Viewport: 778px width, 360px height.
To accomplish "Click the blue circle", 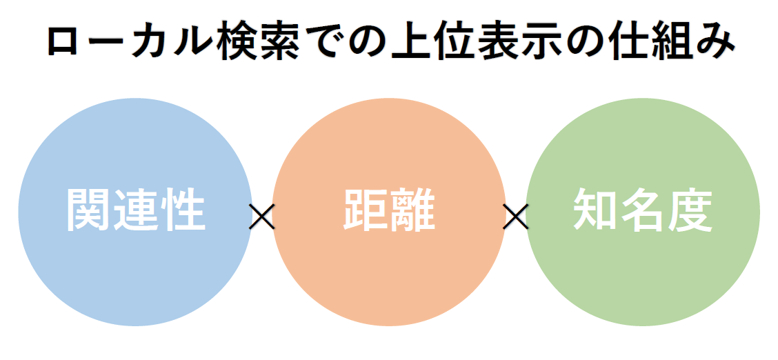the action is tap(135, 212).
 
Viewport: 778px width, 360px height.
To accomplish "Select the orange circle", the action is tap(389, 212).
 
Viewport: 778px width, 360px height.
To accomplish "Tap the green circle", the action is tap(643, 212).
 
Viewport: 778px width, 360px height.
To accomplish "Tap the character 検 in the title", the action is tap(240, 43).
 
